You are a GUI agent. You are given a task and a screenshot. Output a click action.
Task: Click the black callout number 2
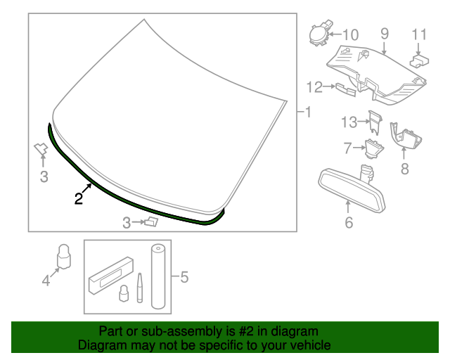(x=79, y=198)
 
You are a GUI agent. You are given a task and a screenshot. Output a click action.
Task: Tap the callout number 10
(x=351, y=35)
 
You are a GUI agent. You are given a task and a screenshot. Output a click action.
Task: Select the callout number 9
(x=385, y=34)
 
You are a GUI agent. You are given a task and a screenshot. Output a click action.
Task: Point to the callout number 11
(x=419, y=34)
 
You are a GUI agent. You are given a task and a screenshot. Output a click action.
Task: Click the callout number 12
(x=314, y=87)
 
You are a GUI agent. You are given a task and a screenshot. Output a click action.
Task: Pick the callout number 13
(x=349, y=122)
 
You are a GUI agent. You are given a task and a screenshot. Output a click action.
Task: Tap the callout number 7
(x=347, y=148)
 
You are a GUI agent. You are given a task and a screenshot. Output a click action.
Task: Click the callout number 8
(x=405, y=169)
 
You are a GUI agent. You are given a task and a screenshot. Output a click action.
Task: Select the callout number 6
(x=349, y=222)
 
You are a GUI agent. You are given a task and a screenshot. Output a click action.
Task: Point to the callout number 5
(x=184, y=277)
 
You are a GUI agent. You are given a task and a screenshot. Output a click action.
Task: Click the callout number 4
(x=46, y=280)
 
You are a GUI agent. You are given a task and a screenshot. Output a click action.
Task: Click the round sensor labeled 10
(x=320, y=34)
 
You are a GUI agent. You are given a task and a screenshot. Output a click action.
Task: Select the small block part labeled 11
(x=419, y=60)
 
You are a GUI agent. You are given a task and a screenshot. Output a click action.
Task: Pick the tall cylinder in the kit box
(x=158, y=276)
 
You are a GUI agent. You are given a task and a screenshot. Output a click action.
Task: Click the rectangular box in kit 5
(x=111, y=275)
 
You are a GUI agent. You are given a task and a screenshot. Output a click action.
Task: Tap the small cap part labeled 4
(x=64, y=257)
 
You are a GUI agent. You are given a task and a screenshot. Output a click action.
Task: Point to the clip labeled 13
(x=375, y=122)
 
